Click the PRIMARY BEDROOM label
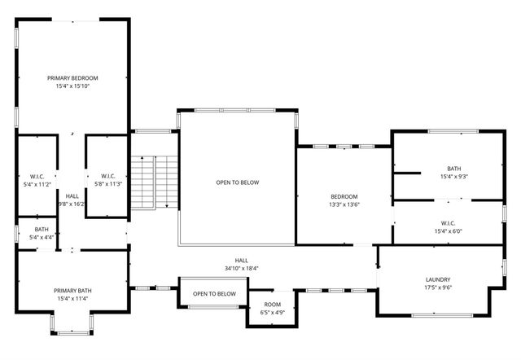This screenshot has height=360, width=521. pyautogui.click(x=72, y=77)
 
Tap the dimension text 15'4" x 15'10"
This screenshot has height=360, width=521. pyautogui.click(x=72, y=86)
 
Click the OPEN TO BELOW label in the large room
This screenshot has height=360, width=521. pyautogui.click(x=237, y=182)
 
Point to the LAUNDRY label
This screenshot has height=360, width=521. pyautogui.click(x=438, y=279)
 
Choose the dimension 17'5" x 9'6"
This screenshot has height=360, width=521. pyautogui.click(x=438, y=287)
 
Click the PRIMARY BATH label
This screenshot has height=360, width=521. pyautogui.click(x=72, y=291)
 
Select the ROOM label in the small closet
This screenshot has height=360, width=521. pyautogui.click(x=272, y=304)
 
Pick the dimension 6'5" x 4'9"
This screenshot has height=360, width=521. pyautogui.click(x=272, y=312)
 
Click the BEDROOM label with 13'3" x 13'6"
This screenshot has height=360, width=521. pyautogui.click(x=344, y=196)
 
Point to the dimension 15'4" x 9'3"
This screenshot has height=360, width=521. pyautogui.click(x=453, y=176)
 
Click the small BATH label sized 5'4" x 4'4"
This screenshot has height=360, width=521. pyautogui.click(x=41, y=229)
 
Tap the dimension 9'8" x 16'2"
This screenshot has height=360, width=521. pyautogui.click(x=72, y=204)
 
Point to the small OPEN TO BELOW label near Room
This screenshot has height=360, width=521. pyautogui.click(x=214, y=294)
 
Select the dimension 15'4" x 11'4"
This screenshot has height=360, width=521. pyautogui.click(x=72, y=299)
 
